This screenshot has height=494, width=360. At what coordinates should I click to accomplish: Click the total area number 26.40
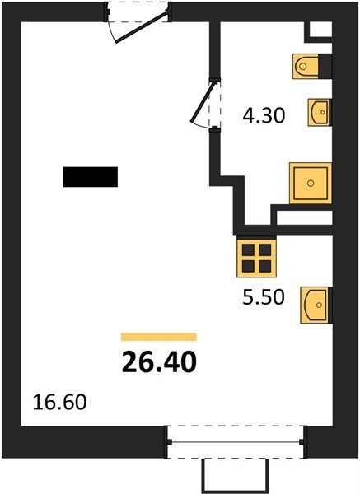159,361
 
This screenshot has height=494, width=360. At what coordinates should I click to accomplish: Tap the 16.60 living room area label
59,403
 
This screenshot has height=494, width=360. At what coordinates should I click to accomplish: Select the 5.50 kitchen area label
264,296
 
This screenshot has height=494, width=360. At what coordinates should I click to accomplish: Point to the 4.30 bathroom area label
264,115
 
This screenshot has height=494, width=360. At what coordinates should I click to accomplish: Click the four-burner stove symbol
256,258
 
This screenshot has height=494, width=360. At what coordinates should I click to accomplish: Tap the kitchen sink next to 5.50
316,305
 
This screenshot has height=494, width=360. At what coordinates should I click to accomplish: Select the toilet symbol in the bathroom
306,66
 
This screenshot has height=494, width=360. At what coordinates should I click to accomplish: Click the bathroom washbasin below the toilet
320,113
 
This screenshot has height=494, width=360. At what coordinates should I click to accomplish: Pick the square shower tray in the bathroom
311,183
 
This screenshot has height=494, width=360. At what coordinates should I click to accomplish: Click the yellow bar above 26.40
159,337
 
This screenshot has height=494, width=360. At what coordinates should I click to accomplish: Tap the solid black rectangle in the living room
91,177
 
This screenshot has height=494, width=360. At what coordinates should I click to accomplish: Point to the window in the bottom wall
236,442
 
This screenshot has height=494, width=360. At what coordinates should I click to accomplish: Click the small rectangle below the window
235,477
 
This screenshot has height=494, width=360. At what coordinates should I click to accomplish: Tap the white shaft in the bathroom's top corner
321,30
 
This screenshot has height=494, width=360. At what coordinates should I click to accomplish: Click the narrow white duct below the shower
305,217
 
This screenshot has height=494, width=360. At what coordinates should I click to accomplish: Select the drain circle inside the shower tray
311,183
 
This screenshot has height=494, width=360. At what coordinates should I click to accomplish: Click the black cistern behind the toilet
325,67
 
